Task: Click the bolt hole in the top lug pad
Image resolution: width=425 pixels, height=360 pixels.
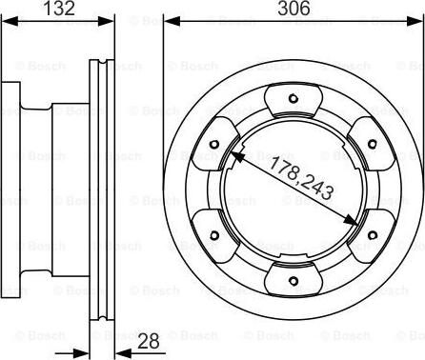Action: (292, 99)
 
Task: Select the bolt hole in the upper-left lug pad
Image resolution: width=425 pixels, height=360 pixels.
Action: (213, 145)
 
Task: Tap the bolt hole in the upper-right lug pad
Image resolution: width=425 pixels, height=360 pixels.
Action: (370, 145)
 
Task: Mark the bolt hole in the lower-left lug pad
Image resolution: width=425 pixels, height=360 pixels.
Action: (213, 234)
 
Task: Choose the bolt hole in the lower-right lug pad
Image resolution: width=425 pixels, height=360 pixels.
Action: (370, 234)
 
